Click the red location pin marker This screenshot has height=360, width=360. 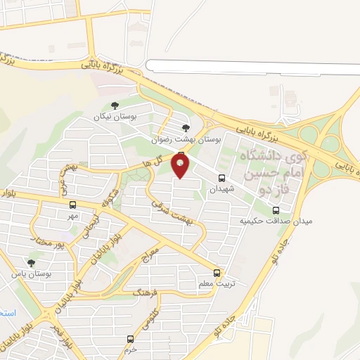point(181,166)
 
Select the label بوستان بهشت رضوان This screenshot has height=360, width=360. point(187,140)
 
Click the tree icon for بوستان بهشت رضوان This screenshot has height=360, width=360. point(186,128)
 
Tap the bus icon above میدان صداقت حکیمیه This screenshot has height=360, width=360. point(276,210)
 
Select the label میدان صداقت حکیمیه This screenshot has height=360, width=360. point(276,221)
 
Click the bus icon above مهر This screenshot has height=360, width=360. point(72,205)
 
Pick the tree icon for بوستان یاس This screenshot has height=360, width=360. point(30,262)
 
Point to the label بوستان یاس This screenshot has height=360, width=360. point(29,274)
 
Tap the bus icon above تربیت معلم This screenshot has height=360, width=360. point(217,273)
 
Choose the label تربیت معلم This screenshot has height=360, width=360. point(215,284)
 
